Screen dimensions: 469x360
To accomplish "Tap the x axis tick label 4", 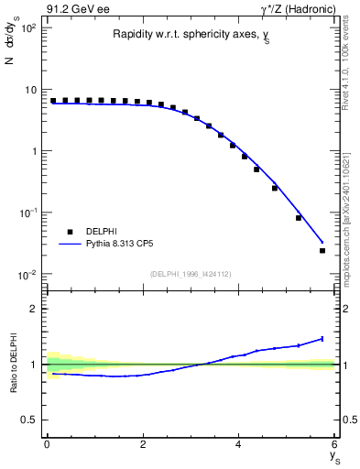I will (x=239, y=445).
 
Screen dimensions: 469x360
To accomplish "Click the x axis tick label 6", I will (x=335, y=445).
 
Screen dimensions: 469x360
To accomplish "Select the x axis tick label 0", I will (x=47, y=445).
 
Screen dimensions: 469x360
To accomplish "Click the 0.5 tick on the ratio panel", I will (x=30, y=420).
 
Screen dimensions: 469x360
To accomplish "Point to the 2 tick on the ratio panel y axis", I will (x=34, y=309).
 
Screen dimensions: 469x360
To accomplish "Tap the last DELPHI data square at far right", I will (x=322, y=250).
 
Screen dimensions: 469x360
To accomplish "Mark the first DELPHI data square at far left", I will (x=53, y=101).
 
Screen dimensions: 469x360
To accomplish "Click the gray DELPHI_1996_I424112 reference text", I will (x=191, y=273).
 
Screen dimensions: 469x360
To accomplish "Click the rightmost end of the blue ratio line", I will (x=322, y=339).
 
